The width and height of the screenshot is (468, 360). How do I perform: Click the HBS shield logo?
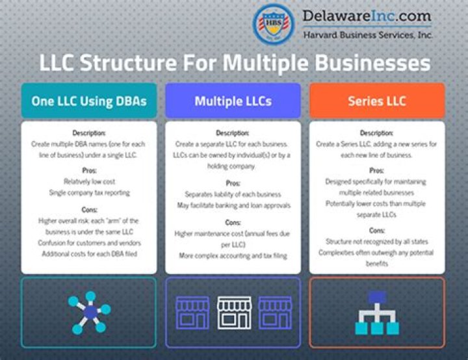point(272,24)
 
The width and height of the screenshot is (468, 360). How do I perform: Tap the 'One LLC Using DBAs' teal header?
point(89,101)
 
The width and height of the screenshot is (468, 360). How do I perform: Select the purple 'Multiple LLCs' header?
point(233,101)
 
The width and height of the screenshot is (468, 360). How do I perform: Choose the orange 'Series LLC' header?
point(376,101)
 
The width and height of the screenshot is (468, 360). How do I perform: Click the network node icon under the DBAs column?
point(89,313)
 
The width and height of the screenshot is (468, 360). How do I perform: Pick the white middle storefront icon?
point(233,313)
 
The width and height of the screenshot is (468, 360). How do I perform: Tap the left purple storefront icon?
point(192,313)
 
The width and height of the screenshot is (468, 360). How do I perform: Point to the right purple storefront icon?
point(275,313)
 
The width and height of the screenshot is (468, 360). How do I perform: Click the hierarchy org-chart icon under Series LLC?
point(377,313)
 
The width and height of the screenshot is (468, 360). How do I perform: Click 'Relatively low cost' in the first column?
point(89,181)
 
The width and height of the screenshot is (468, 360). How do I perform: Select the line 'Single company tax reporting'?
point(89,192)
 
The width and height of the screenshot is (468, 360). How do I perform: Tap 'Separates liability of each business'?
point(233,194)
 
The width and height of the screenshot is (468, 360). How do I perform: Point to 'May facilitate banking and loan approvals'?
point(233,205)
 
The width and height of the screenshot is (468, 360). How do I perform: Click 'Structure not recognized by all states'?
point(376,241)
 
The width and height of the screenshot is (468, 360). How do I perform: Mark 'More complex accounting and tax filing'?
point(233,255)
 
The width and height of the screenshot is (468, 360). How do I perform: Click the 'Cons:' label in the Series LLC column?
point(376,229)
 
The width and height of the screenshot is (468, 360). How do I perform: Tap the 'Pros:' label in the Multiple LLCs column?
point(233,183)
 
